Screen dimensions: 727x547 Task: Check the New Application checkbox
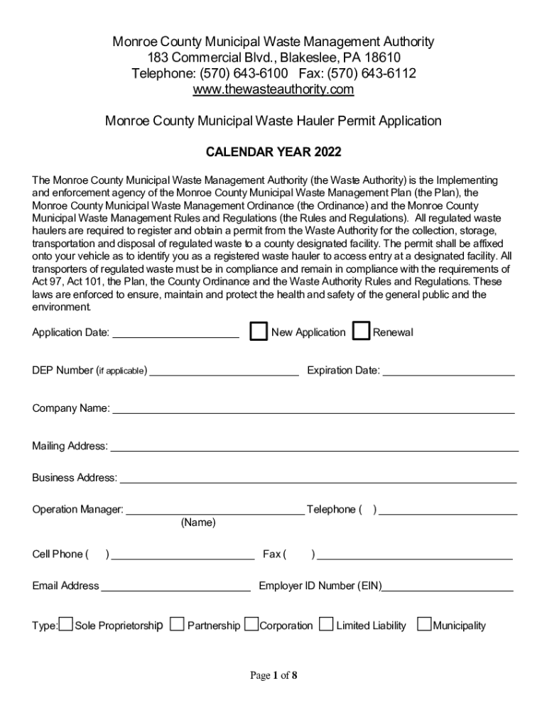(259, 332)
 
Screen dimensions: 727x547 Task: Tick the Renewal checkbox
(362, 332)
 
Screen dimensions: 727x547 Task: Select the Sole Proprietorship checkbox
(65, 625)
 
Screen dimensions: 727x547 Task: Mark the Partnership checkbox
(178, 625)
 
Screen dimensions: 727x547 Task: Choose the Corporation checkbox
(251, 625)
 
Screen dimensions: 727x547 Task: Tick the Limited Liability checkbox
(326, 625)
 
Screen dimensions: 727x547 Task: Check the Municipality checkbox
(424, 625)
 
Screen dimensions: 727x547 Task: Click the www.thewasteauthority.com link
(273, 89)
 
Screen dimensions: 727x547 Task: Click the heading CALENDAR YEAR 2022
(273, 152)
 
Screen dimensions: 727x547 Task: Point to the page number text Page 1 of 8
(273, 675)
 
